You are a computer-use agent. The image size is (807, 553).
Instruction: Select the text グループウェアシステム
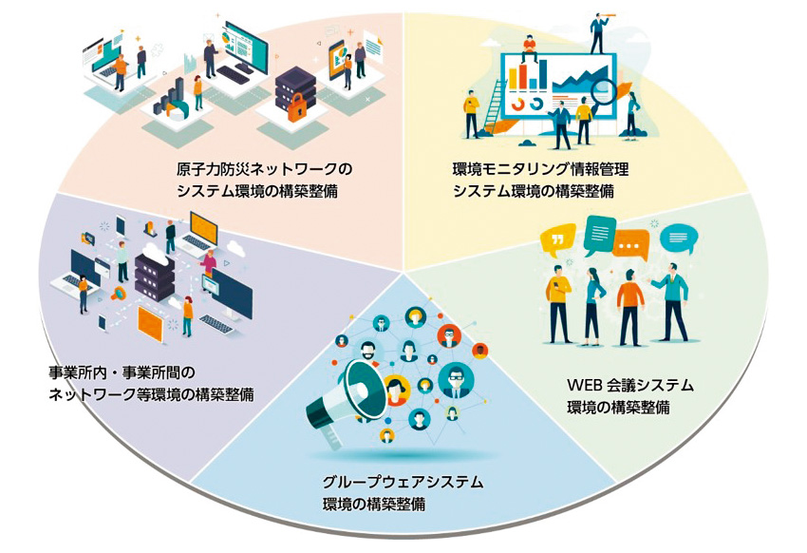pyautogui.click(x=403, y=483)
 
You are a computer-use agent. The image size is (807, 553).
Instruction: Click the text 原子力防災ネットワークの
pyautogui.click(x=264, y=170)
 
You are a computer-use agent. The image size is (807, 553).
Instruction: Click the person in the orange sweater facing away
pyautogui.click(x=629, y=306)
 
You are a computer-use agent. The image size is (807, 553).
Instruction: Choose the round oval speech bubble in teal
pyautogui.click(x=675, y=238)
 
